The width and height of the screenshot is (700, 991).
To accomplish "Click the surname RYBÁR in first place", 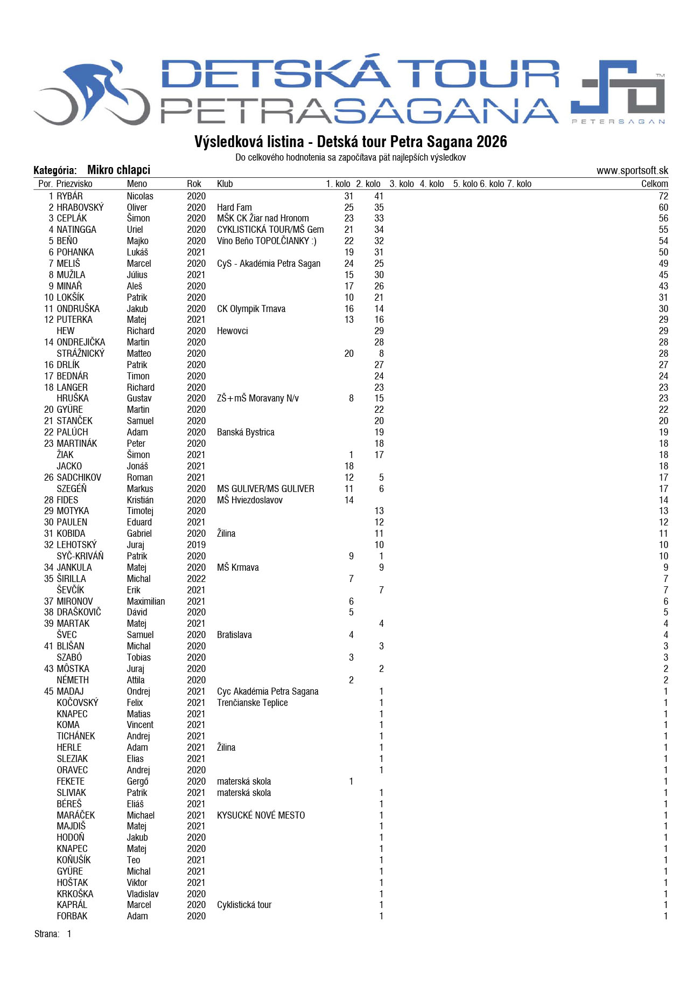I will pyautogui.click(x=69, y=196).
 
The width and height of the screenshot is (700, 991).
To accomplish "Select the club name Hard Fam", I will pyautogui.click(x=234, y=207).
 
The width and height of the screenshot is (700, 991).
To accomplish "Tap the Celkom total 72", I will pyautogui.click(x=663, y=196).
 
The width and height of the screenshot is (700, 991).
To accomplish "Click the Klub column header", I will pyautogui.click(x=225, y=184).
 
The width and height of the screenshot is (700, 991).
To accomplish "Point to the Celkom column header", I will pyautogui.click(x=654, y=184).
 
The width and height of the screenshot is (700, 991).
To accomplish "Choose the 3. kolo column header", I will pyautogui.click(x=402, y=184).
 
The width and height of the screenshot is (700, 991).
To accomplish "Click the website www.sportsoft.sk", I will pyautogui.click(x=632, y=171).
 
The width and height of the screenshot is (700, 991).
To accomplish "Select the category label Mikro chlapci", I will pyautogui.click(x=118, y=170).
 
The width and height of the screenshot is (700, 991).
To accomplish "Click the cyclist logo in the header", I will pyautogui.click(x=92, y=92).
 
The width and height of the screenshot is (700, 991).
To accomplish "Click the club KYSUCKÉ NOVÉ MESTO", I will pyautogui.click(x=261, y=815).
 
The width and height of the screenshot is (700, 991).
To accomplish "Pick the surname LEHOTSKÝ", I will pyautogui.click(x=76, y=545).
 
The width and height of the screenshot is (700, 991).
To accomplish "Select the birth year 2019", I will pyautogui.click(x=196, y=545).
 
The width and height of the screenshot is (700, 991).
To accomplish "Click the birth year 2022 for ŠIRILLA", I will pyautogui.click(x=196, y=579).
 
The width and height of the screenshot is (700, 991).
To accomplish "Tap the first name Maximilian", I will pyautogui.click(x=146, y=601).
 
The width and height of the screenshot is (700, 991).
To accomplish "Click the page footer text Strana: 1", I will pyautogui.click(x=53, y=934).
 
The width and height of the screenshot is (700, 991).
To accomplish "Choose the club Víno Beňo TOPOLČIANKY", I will pyautogui.click(x=267, y=241).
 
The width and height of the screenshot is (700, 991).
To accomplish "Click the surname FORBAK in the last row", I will pyautogui.click(x=72, y=916).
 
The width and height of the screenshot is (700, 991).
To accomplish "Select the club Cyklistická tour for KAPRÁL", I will pyautogui.click(x=244, y=905).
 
